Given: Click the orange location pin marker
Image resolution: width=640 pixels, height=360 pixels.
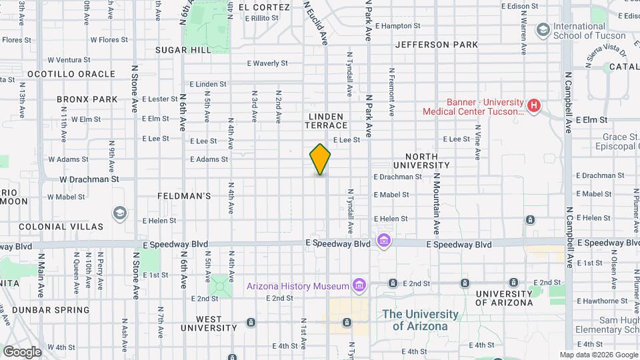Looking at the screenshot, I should [x=320, y=159].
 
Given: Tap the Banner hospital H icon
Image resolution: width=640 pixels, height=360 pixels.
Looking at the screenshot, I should [x=533, y=105].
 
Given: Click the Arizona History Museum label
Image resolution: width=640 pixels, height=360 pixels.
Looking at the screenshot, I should [x=298, y=286].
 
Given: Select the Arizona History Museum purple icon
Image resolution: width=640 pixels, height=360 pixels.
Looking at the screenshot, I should [x=359, y=285].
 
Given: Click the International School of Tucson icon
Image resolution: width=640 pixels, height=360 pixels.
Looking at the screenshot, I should [x=543, y=29].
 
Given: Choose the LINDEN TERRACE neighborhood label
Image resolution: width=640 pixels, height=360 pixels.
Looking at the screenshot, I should [x=327, y=121].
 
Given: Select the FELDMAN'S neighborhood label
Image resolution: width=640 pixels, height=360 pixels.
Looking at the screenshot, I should [x=185, y=196].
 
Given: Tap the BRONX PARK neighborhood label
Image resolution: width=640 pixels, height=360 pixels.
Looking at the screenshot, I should [x=87, y=99].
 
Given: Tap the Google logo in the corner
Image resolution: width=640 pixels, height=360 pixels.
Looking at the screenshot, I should [x=22, y=351].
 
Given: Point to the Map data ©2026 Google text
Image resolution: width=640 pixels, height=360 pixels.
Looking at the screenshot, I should [x=598, y=355].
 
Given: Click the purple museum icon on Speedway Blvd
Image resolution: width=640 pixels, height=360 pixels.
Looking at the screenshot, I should [x=384, y=240].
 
